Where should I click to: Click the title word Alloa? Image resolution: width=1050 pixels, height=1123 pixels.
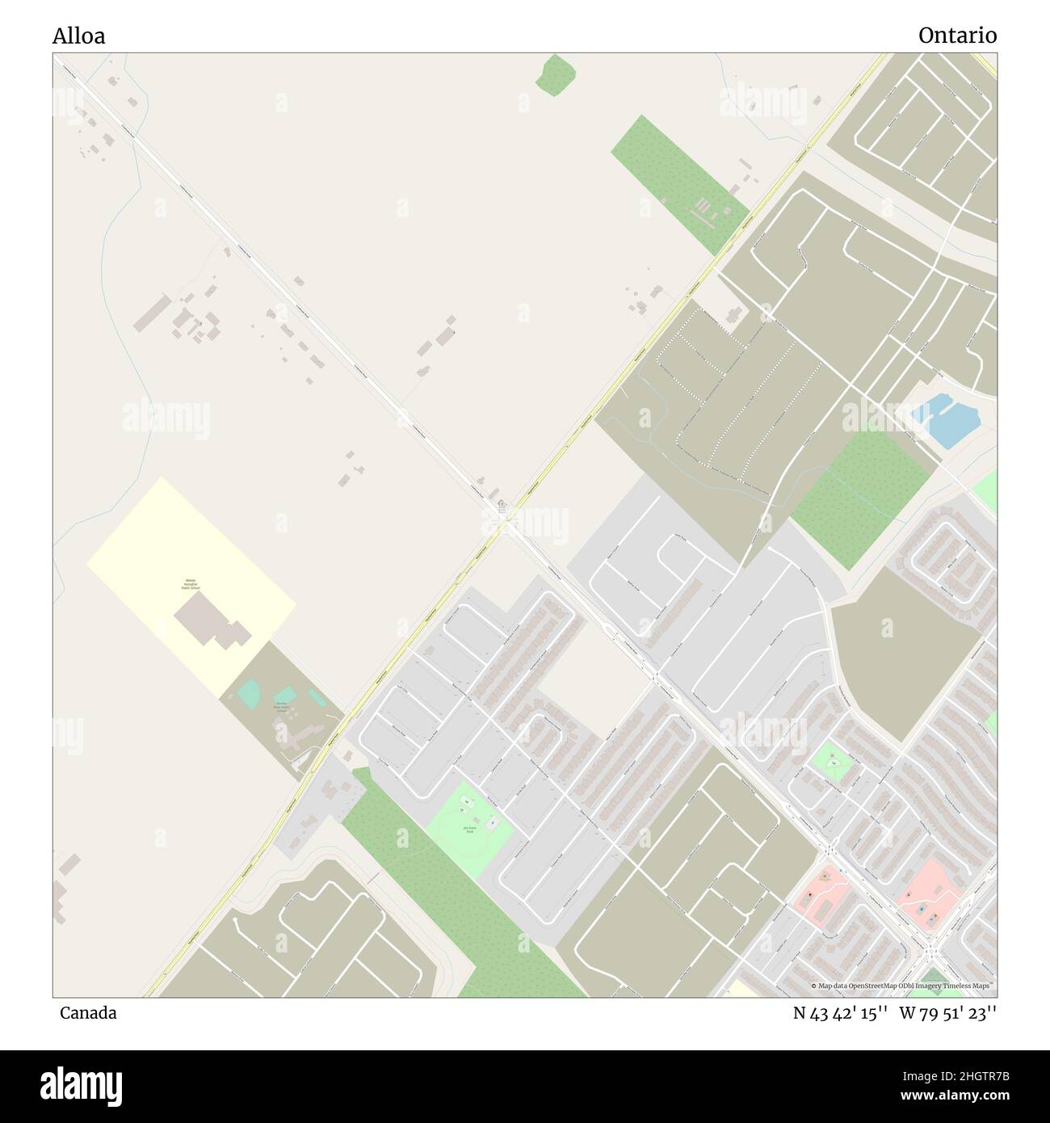[78, 36]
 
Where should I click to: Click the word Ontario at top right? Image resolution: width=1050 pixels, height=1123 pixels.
[957, 36]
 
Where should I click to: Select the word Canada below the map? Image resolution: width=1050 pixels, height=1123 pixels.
[87, 1013]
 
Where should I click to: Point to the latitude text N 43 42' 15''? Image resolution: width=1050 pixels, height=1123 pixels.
[841, 1013]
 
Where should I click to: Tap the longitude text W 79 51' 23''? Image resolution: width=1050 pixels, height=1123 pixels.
[949, 1013]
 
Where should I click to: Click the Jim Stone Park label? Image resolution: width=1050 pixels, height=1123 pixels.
[468, 829]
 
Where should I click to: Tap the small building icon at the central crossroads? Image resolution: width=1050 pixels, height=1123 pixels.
[502, 507]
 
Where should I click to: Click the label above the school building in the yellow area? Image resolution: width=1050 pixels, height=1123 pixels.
[191, 584]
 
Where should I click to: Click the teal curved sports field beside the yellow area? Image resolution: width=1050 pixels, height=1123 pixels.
[249, 692]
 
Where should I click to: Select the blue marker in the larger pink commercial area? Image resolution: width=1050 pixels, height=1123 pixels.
[921, 909]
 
